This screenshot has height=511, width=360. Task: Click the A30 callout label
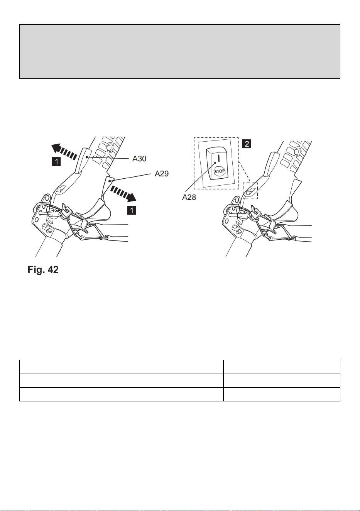[x=139, y=159]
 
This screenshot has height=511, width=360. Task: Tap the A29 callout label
[x=162, y=174]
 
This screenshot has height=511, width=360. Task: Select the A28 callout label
[x=189, y=197]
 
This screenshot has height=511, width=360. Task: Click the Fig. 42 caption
[x=43, y=269]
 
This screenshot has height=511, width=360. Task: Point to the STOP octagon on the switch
[x=220, y=171]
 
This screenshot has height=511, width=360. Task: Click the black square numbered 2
[x=247, y=144]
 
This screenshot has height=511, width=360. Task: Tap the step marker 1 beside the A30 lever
[x=56, y=162]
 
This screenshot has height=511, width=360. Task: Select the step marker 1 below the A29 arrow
[x=132, y=210]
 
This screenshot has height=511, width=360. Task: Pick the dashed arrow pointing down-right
[x=123, y=194]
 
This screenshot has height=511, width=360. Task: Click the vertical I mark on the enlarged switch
[x=218, y=158]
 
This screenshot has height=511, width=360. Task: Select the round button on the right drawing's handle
[x=297, y=151]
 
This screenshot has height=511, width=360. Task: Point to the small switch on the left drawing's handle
[x=61, y=189]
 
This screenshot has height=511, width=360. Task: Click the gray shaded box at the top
[x=180, y=52]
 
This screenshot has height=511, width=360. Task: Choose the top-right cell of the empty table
[x=282, y=367]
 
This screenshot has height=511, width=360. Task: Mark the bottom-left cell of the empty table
[x=122, y=394]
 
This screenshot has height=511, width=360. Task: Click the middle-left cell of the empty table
[x=122, y=381]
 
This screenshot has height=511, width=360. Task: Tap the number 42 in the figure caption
[x=53, y=269]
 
